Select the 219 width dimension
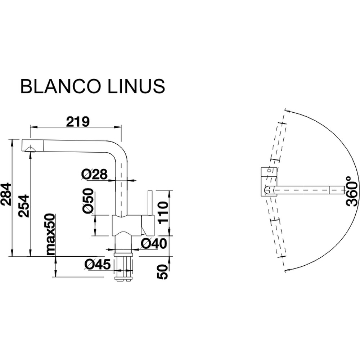77,122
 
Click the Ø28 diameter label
94,175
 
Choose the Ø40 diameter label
154,244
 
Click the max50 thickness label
50,234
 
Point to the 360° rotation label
352,191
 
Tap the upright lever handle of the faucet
149,203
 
